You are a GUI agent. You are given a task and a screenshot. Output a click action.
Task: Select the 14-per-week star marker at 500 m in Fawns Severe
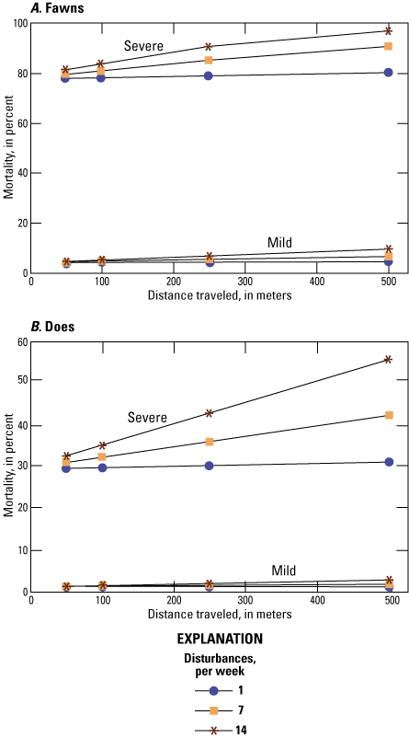click(389, 31)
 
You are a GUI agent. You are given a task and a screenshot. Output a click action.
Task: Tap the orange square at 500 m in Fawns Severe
click(389, 46)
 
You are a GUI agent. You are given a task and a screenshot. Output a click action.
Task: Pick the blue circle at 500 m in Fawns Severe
click(389, 73)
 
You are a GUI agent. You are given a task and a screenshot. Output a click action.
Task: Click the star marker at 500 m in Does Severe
click(389, 360)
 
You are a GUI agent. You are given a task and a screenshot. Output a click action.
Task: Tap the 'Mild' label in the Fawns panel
click(279, 243)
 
